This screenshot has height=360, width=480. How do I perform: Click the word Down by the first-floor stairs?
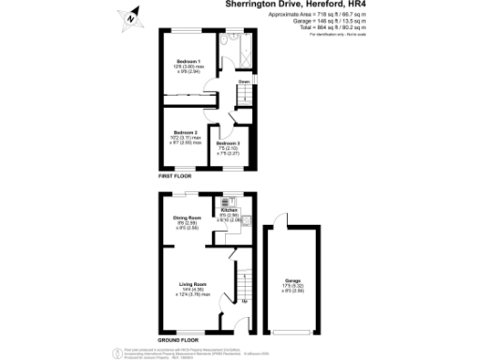coord(243,82)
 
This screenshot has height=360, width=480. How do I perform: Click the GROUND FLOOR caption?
coord(178,338)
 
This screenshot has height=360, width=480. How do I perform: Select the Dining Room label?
coord(187,217)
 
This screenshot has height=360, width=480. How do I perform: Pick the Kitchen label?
coord(230,210)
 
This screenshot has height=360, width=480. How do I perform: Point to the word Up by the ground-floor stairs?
coord(244,301)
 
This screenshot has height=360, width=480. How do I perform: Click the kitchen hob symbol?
coord(226,201)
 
